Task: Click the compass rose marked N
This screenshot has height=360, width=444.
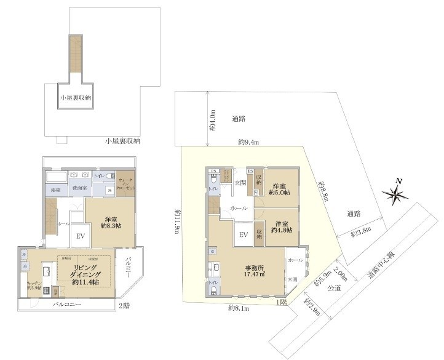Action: [395, 194]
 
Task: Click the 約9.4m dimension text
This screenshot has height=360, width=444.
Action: [248, 142]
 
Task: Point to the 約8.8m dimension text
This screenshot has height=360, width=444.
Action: [323, 191]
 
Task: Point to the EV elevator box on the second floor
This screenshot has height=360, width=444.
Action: [80, 235]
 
